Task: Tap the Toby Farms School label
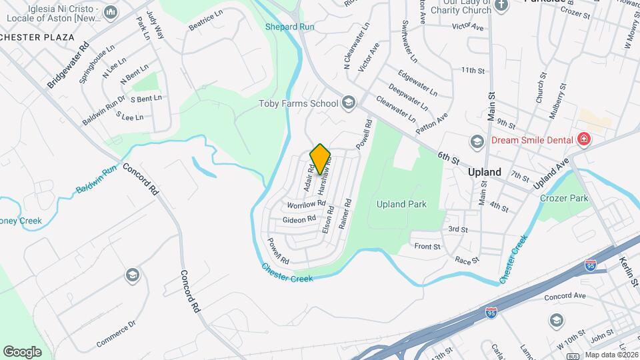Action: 298,103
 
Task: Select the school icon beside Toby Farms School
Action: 347,103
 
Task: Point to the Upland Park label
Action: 401,204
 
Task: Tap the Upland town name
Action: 484,172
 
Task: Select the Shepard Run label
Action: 289,27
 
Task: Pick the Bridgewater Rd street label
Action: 69,66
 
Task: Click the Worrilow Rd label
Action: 306,203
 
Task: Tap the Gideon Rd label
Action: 299,219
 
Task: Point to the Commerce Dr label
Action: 115,333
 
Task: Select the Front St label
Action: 427,247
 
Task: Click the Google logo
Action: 22,351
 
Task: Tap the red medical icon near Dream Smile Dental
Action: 585,139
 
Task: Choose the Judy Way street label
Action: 154,25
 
